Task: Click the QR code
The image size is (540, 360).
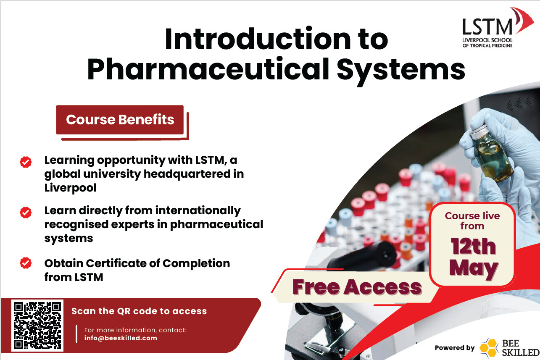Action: [x=37, y=325]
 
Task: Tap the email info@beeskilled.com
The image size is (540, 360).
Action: [x=121, y=338]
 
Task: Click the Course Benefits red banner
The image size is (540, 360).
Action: [x=120, y=120]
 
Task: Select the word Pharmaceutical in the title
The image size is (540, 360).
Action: [x=208, y=69]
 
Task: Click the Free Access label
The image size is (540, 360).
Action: [x=357, y=287]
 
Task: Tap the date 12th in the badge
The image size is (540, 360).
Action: [x=473, y=246]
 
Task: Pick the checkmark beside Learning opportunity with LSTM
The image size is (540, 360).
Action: [x=26, y=162]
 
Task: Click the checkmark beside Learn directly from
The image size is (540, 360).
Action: [x=26, y=213]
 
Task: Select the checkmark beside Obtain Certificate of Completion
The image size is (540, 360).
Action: [x=26, y=263]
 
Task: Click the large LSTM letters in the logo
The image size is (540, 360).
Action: [x=487, y=27]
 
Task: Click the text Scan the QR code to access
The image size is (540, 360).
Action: [x=139, y=311]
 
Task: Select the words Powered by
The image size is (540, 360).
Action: [x=455, y=348]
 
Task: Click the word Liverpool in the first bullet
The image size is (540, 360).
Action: [x=71, y=188]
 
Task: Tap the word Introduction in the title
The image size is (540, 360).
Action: [x=258, y=39]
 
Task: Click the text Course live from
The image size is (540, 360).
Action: [x=472, y=221]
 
